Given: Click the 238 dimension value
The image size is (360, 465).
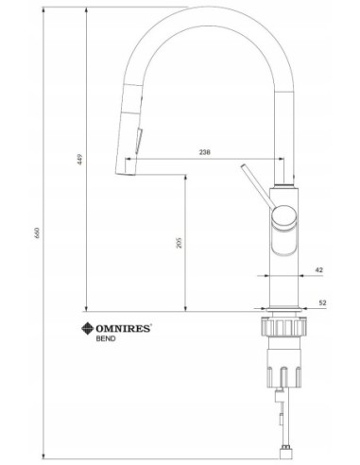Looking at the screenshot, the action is [x=205, y=152].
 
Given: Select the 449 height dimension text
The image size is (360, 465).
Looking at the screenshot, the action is [x=80, y=160].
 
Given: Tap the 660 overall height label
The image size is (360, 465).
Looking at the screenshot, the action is [x=37, y=232].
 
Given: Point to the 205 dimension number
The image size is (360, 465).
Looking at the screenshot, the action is [x=180, y=243].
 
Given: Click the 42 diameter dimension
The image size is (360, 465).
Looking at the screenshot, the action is [x=319, y=270].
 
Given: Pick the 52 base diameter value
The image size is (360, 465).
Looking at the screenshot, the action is [x=322, y=303].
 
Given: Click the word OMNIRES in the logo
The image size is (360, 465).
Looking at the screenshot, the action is [x=123, y=329].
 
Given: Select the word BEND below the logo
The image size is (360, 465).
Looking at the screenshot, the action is [x=106, y=339].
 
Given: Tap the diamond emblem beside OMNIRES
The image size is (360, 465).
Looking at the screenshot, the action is [x=88, y=329].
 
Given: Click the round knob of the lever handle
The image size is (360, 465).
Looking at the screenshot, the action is [x=284, y=216].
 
